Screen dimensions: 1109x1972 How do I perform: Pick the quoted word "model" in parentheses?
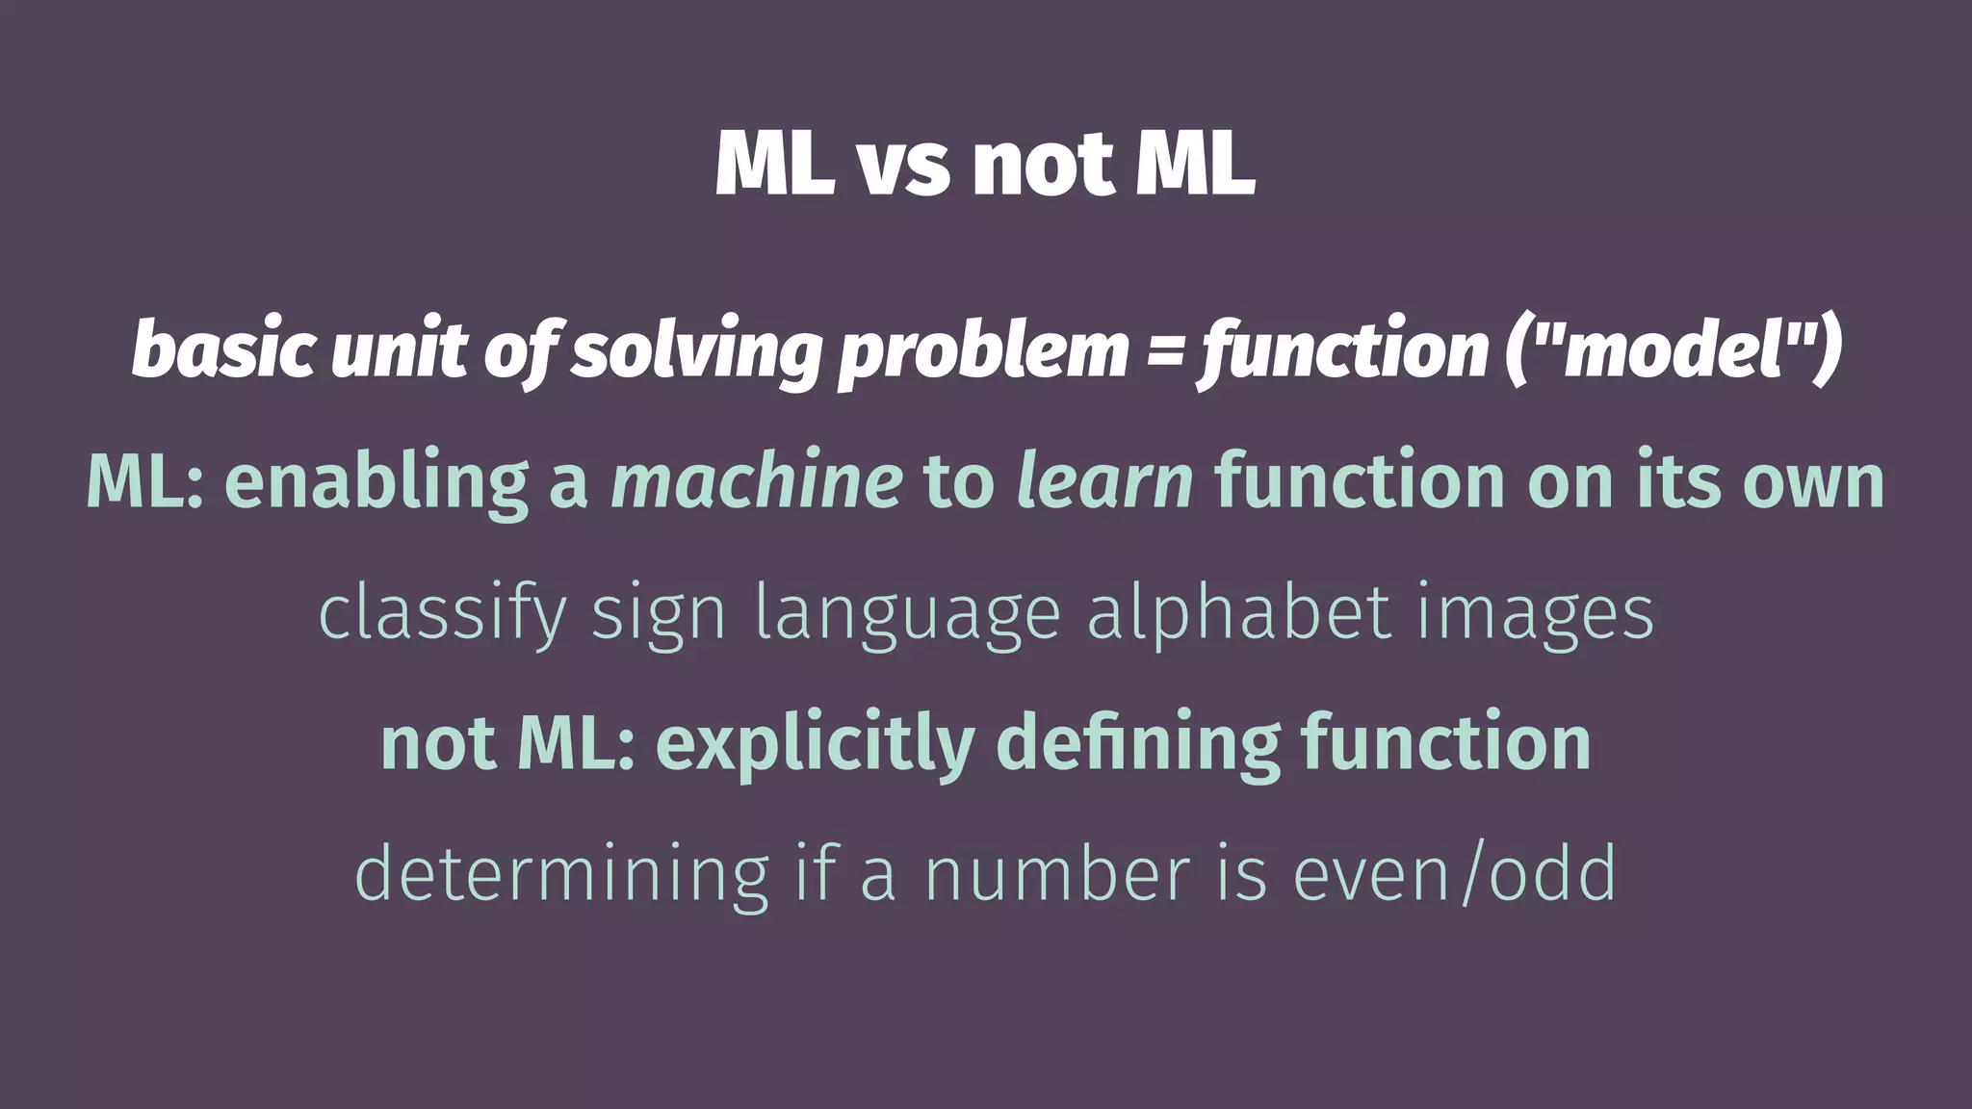[x=1674, y=349]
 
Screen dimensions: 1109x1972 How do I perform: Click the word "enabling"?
[x=376, y=481]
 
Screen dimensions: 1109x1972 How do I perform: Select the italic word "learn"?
[x=1105, y=481]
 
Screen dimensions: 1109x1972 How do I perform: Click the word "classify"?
[x=442, y=614]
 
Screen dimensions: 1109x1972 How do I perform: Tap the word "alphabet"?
[x=1239, y=613]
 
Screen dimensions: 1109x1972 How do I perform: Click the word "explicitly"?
[x=816, y=744]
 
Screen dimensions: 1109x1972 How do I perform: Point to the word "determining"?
[x=561, y=874]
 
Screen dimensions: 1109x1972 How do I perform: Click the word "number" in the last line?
[x=1057, y=874]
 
